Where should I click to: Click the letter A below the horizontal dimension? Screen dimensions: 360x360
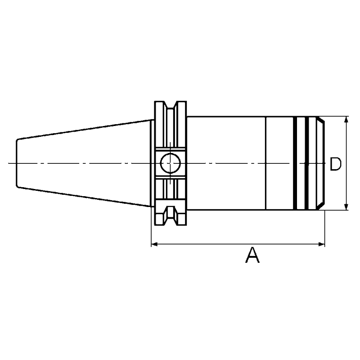pyautogui.click(x=252, y=256)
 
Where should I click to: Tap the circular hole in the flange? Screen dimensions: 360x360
pyautogui.click(x=170, y=162)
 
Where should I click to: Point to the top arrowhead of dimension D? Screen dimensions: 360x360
pyautogui.click(x=346, y=119)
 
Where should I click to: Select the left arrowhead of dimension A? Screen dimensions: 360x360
pyautogui.click(x=153, y=244)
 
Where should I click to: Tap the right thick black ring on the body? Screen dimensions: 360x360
pyautogui.click(x=308, y=163)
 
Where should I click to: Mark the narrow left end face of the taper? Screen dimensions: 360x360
pyautogui.click(x=17, y=163)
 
